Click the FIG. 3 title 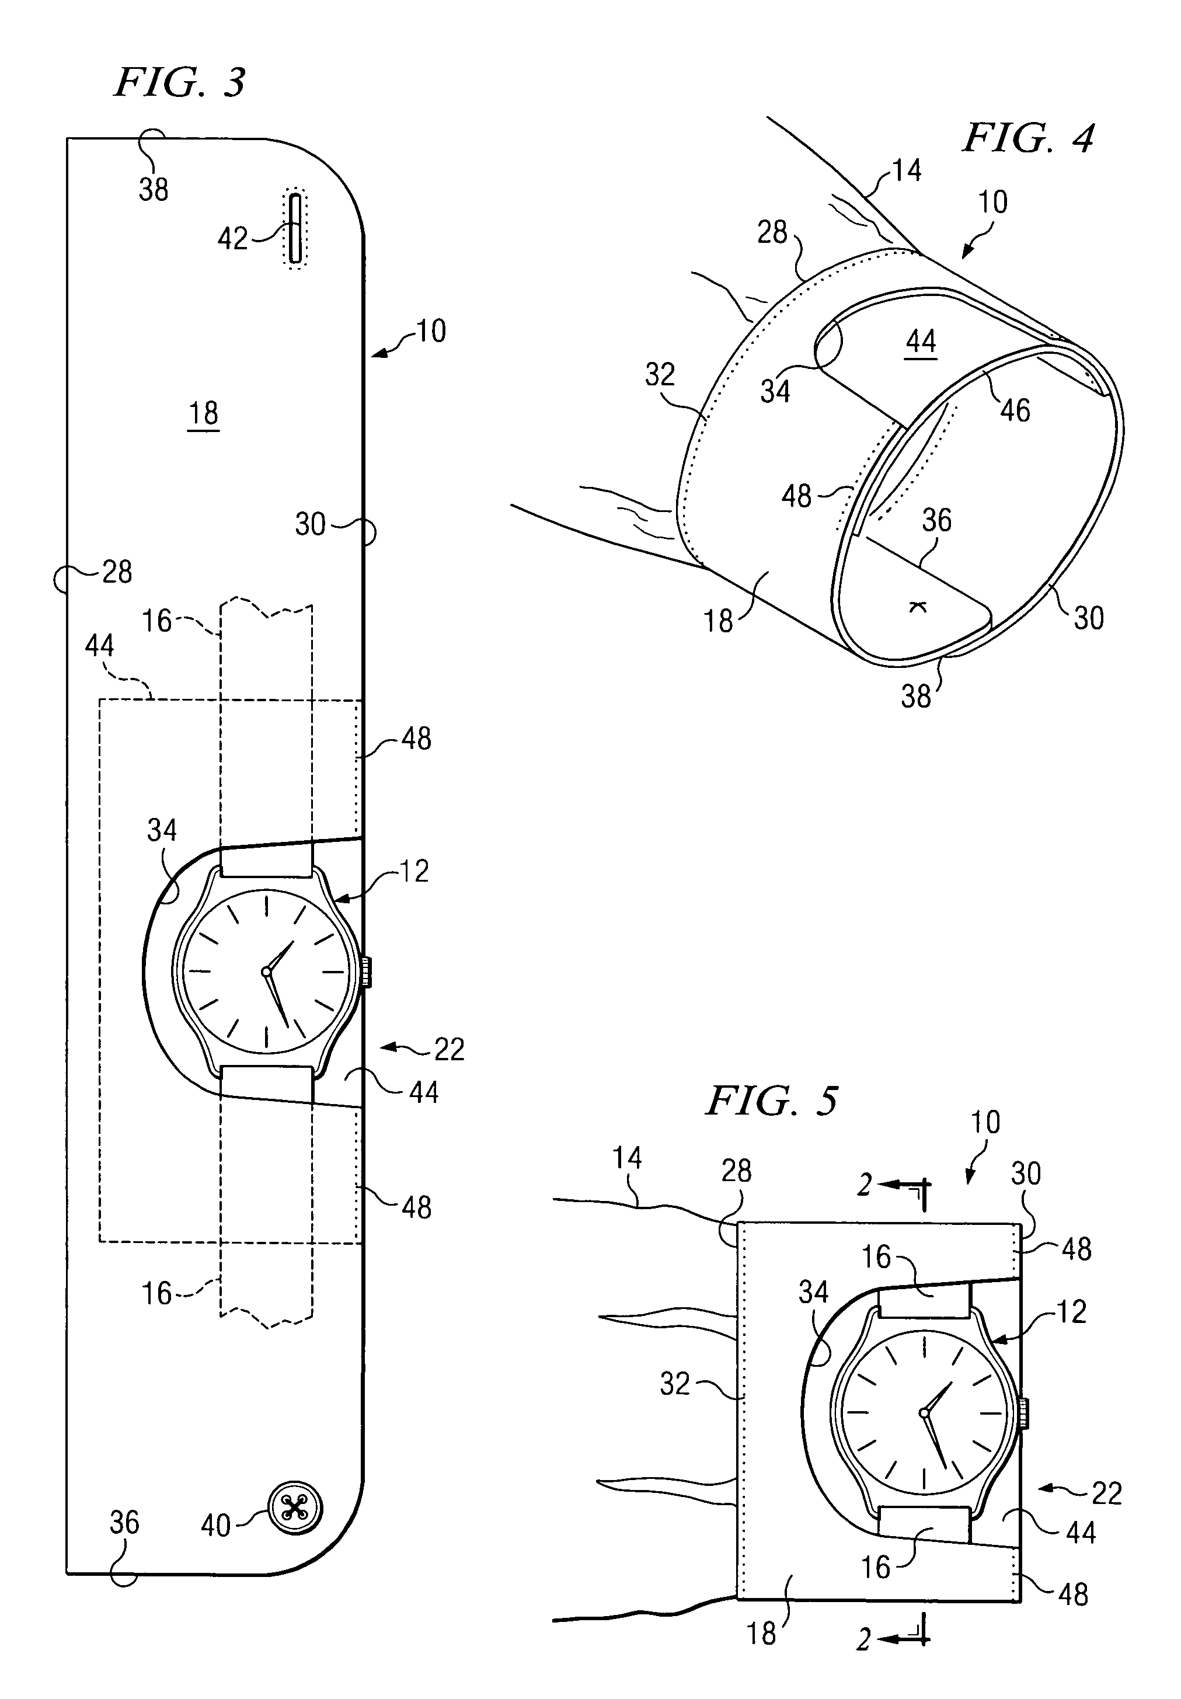[x=180, y=82]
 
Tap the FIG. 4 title [x=1027, y=138]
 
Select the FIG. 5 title [x=772, y=1101]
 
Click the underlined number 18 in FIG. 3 [x=204, y=413]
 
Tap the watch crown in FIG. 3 [x=365, y=972]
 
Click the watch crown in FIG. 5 [x=1023, y=1413]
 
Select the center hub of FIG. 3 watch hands [x=266, y=971]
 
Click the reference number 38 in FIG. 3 [x=153, y=189]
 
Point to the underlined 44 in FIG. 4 [x=921, y=342]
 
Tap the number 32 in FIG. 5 [x=674, y=1384]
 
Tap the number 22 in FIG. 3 [x=448, y=1049]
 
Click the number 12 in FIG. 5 [x=1071, y=1312]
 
